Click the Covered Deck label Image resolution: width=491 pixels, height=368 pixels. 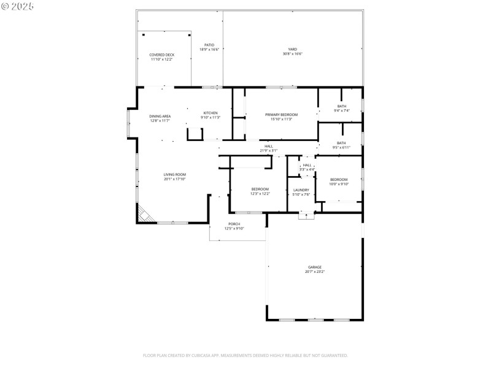162,55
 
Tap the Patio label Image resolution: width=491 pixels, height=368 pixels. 209,45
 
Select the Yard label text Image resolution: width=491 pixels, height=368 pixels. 293,49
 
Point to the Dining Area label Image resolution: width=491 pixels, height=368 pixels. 160,116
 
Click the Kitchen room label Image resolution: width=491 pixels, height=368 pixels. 211,113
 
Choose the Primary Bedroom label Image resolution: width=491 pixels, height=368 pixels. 281,115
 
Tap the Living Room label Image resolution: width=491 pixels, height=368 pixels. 174,175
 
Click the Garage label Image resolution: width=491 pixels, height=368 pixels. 315,267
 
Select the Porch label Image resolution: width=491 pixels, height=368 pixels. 234,224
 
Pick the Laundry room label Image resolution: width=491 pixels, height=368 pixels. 301,190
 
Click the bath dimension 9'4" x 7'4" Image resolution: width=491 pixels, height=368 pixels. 341,111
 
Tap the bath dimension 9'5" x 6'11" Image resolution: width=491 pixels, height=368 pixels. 341,147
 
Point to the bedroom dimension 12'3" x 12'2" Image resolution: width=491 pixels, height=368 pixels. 260,194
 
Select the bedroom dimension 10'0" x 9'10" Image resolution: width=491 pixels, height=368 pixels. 339,184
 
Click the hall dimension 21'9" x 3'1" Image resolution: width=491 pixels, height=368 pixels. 268,150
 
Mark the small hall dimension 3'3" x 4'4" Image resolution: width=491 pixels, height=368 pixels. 307,169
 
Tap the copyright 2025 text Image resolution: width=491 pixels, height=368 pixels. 18,6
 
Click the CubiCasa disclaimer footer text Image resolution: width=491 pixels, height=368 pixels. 245,355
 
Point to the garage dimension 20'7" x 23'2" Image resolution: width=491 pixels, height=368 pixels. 315,272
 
